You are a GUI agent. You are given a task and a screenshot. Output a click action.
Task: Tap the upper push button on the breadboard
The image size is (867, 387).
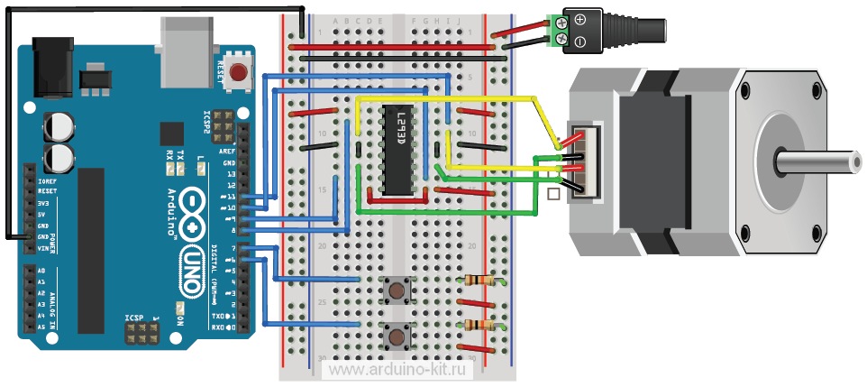[396, 290]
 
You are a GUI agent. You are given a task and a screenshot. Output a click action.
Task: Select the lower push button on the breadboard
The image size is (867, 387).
[396, 337]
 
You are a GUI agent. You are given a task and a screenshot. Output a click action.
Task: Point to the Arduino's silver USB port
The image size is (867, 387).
[186, 42]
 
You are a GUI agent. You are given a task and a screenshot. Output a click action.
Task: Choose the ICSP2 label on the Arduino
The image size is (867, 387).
[206, 120]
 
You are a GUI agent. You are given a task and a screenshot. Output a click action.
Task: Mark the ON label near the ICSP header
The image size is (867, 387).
[179, 318]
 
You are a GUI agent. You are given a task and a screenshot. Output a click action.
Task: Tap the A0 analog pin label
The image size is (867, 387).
[41, 271]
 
